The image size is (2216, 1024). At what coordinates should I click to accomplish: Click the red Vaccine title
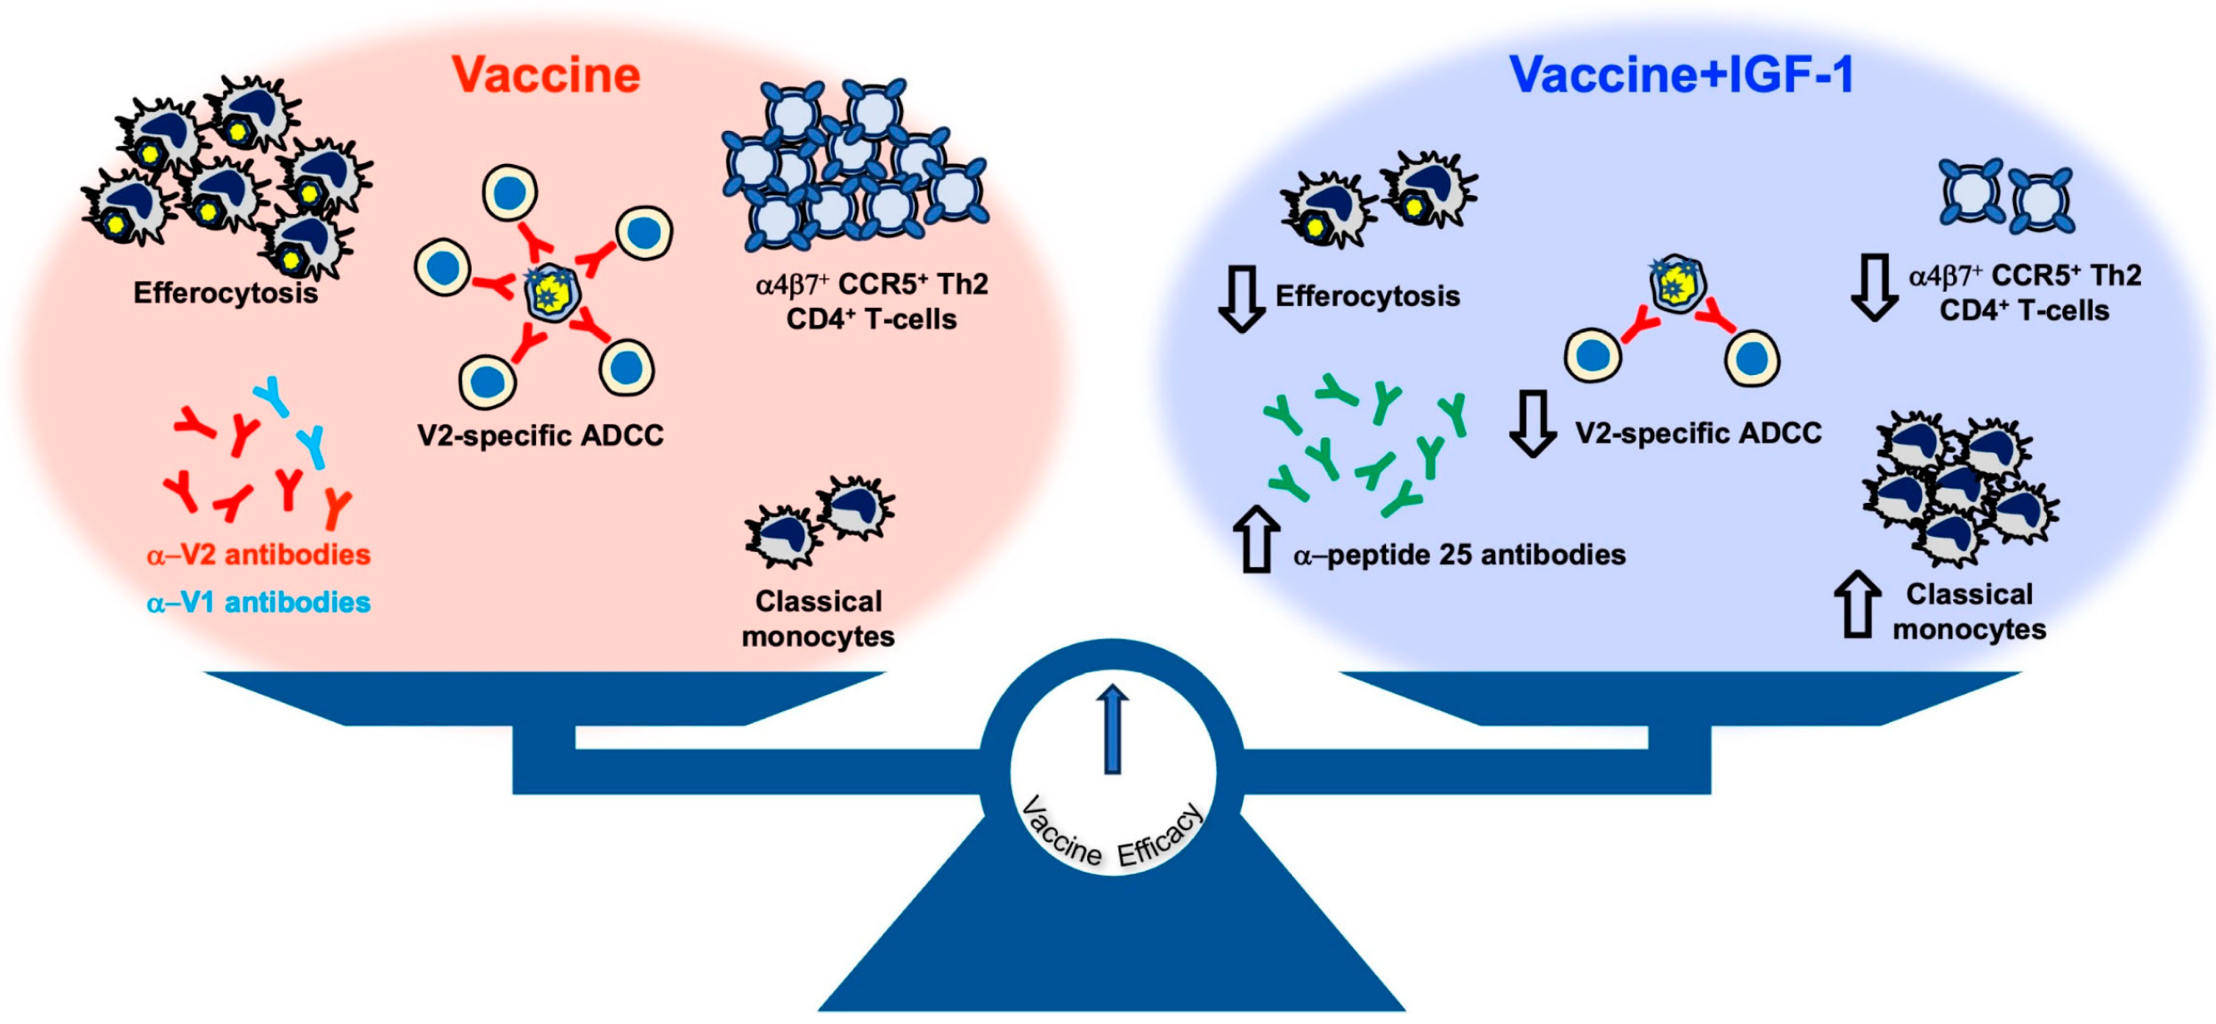pos(546,75)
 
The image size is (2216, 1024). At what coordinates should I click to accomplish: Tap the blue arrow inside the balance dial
pos(1112,730)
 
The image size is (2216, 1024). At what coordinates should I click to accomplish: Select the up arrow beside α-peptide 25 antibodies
pos(1256,539)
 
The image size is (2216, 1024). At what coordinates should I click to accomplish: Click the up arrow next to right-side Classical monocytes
pos(1856,606)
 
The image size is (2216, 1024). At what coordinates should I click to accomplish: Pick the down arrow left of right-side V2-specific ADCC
pos(1532,423)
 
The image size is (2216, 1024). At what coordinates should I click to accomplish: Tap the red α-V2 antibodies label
pos(258,555)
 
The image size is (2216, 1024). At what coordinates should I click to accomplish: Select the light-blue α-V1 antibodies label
pos(258,602)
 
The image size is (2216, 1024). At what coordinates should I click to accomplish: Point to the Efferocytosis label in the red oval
pos(225,294)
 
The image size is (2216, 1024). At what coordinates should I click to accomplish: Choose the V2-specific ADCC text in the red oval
pos(540,435)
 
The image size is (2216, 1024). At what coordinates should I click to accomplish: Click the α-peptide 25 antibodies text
pos(1459,555)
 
